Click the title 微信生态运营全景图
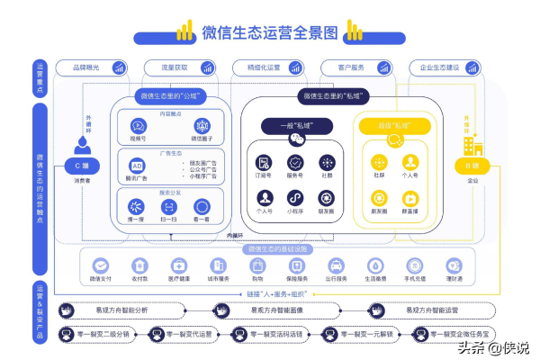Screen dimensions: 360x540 point(269,32)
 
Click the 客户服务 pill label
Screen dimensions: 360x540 point(336,67)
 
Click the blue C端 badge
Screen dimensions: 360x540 point(84,166)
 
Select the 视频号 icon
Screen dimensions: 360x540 point(138,127)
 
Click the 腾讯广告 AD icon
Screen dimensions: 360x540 point(138,166)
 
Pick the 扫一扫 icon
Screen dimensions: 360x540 point(169,206)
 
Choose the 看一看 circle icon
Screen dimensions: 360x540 point(202,206)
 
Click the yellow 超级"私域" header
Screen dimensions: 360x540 point(394,126)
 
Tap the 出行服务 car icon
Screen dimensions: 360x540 point(335,265)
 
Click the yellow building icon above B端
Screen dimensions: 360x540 point(472,144)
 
